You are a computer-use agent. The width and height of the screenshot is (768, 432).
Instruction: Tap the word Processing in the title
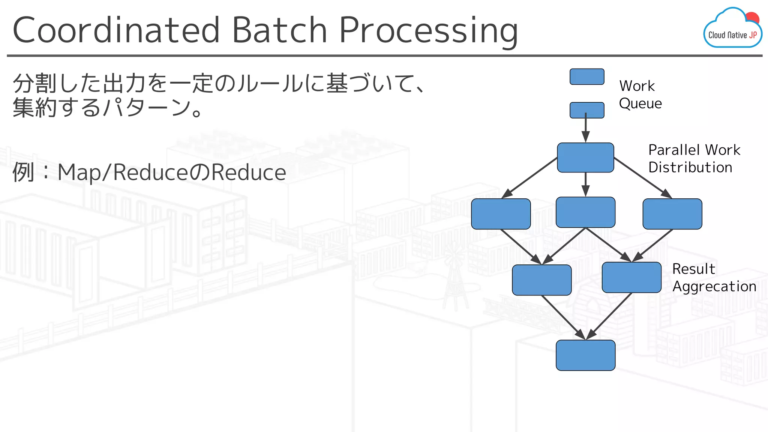point(428,31)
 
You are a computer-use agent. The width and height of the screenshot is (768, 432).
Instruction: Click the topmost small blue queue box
point(587,76)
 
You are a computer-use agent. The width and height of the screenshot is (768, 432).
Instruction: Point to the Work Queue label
point(640,94)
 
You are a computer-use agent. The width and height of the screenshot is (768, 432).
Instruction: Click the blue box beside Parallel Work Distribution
point(585,157)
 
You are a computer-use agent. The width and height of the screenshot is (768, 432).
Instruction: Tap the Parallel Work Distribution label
point(694,158)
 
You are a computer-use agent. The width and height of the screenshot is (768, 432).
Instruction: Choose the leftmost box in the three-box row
point(501,214)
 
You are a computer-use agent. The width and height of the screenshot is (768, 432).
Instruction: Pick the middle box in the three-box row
point(585,212)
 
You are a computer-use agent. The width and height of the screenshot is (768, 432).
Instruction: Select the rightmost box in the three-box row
point(672,214)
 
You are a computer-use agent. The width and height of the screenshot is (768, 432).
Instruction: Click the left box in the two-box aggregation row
point(541,280)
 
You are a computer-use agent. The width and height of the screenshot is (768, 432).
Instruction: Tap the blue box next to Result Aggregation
point(631,277)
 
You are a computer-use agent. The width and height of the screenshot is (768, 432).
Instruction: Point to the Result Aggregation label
point(714,277)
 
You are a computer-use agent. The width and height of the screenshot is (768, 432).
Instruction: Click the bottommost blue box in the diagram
point(585,355)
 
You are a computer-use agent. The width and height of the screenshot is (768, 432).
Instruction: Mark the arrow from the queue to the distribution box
point(586,129)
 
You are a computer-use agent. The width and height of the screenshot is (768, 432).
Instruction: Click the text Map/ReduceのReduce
point(172,172)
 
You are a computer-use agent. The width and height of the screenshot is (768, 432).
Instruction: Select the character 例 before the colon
point(24,172)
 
